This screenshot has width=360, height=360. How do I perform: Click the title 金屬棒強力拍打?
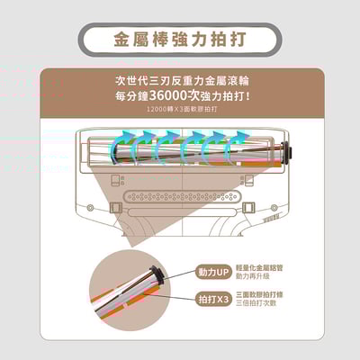(x=180, y=41)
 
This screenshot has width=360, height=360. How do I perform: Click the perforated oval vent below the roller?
(x=180, y=195)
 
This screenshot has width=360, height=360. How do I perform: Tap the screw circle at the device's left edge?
(x=90, y=213)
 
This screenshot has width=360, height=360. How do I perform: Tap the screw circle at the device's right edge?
(x=269, y=213)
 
